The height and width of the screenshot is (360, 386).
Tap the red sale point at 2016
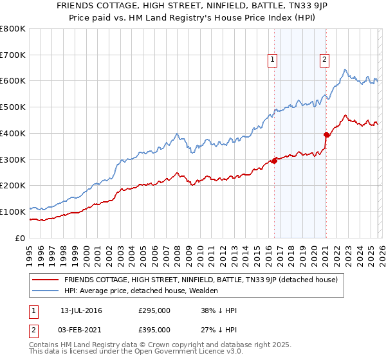pyautogui.click(x=274, y=160)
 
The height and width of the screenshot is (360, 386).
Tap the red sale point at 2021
pyautogui.click(x=326, y=134)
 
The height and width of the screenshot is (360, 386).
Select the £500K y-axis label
pyautogui.click(x=13, y=107)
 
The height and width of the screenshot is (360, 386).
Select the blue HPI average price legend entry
pyautogui.click(x=141, y=291)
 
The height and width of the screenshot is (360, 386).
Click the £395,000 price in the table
pyautogui.click(x=154, y=330)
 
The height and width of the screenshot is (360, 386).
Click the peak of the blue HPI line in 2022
pyautogui.click(x=345, y=69)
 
